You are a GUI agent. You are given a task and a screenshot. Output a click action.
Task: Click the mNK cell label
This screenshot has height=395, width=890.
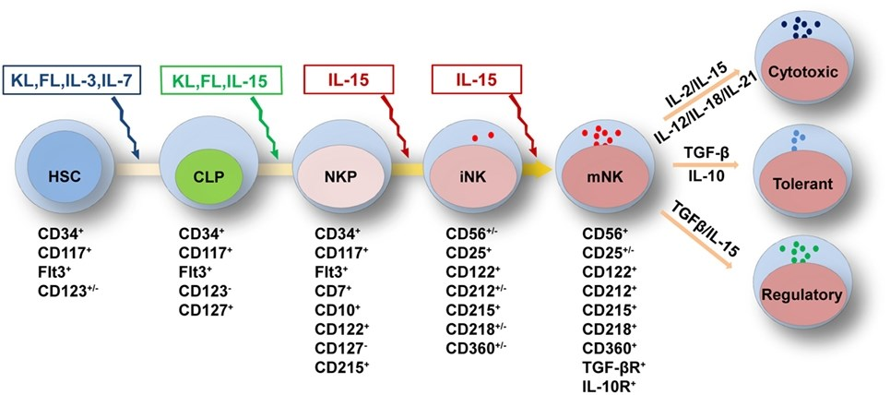coord(603,176)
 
